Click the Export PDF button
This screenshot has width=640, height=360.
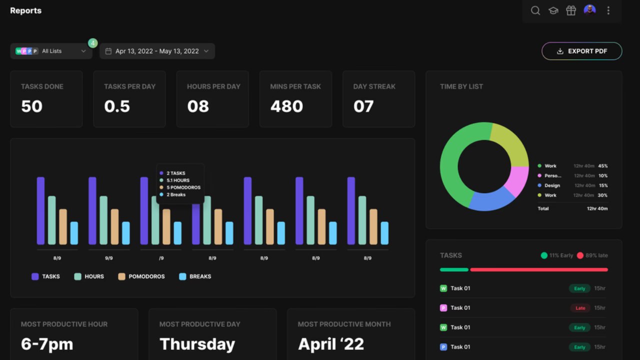tap(581, 51)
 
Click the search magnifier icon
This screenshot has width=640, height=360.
tap(535, 10)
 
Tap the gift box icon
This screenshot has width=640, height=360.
tap(571, 10)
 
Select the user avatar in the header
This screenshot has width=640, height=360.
tap(589, 9)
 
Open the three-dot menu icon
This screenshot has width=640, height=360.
tap(608, 10)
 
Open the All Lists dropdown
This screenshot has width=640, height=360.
tap(51, 51)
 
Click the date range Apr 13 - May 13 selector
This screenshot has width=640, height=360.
tap(157, 51)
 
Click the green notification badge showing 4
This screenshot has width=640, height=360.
tap(92, 43)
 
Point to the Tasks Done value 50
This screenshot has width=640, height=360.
tap(31, 106)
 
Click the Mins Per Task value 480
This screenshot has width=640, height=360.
tap(286, 106)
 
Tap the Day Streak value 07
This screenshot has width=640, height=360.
tap(363, 106)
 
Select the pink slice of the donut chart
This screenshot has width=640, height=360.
tap(517, 181)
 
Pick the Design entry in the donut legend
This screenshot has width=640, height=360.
tap(552, 185)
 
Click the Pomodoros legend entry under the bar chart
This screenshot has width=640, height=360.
tap(141, 276)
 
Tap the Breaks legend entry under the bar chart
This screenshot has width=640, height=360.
tap(195, 276)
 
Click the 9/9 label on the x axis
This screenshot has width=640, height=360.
tap(109, 258)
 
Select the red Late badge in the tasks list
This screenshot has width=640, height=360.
tap(580, 308)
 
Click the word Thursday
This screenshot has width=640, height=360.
tap(197, 344)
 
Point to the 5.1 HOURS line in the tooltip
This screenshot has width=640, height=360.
tap(177, 180)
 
